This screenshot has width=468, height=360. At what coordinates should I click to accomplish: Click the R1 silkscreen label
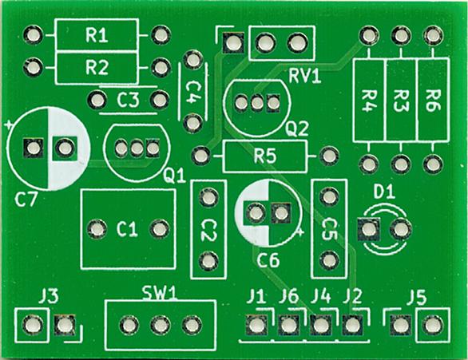[x=97, y=35]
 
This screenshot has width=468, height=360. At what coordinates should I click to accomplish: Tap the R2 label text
[x=97, y=67]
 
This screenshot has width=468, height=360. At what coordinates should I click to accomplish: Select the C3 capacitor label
[x=128, y=100]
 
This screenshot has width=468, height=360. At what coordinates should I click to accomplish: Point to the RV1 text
[x=305, y=77]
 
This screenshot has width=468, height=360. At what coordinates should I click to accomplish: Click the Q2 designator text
[x=296, y=129]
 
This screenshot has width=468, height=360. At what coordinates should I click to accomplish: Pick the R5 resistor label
[x=265, y=156]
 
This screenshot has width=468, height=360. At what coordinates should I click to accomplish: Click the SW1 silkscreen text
[x=160, y=293]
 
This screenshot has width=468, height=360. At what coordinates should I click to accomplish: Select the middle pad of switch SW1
[x=161, y=325]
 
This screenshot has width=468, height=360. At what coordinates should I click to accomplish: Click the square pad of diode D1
[x=369, y=230]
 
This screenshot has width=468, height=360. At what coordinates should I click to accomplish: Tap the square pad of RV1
[x=233, y=43]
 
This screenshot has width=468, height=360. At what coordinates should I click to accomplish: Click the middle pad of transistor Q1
[x=137, y=148]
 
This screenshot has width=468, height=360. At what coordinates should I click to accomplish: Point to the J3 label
[x=49, y=297]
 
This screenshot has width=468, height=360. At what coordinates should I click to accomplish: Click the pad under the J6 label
[x=288, y=325]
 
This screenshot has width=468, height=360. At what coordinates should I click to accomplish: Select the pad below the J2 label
[x=352, y=325]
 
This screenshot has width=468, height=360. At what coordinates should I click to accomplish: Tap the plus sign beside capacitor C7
[x=8, y=125]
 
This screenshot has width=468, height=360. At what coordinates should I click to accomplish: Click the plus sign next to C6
[x=300, y=231]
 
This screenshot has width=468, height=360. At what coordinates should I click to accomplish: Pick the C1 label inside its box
[x=127, y=230]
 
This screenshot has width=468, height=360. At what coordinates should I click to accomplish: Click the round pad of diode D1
[x=401, y=229]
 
